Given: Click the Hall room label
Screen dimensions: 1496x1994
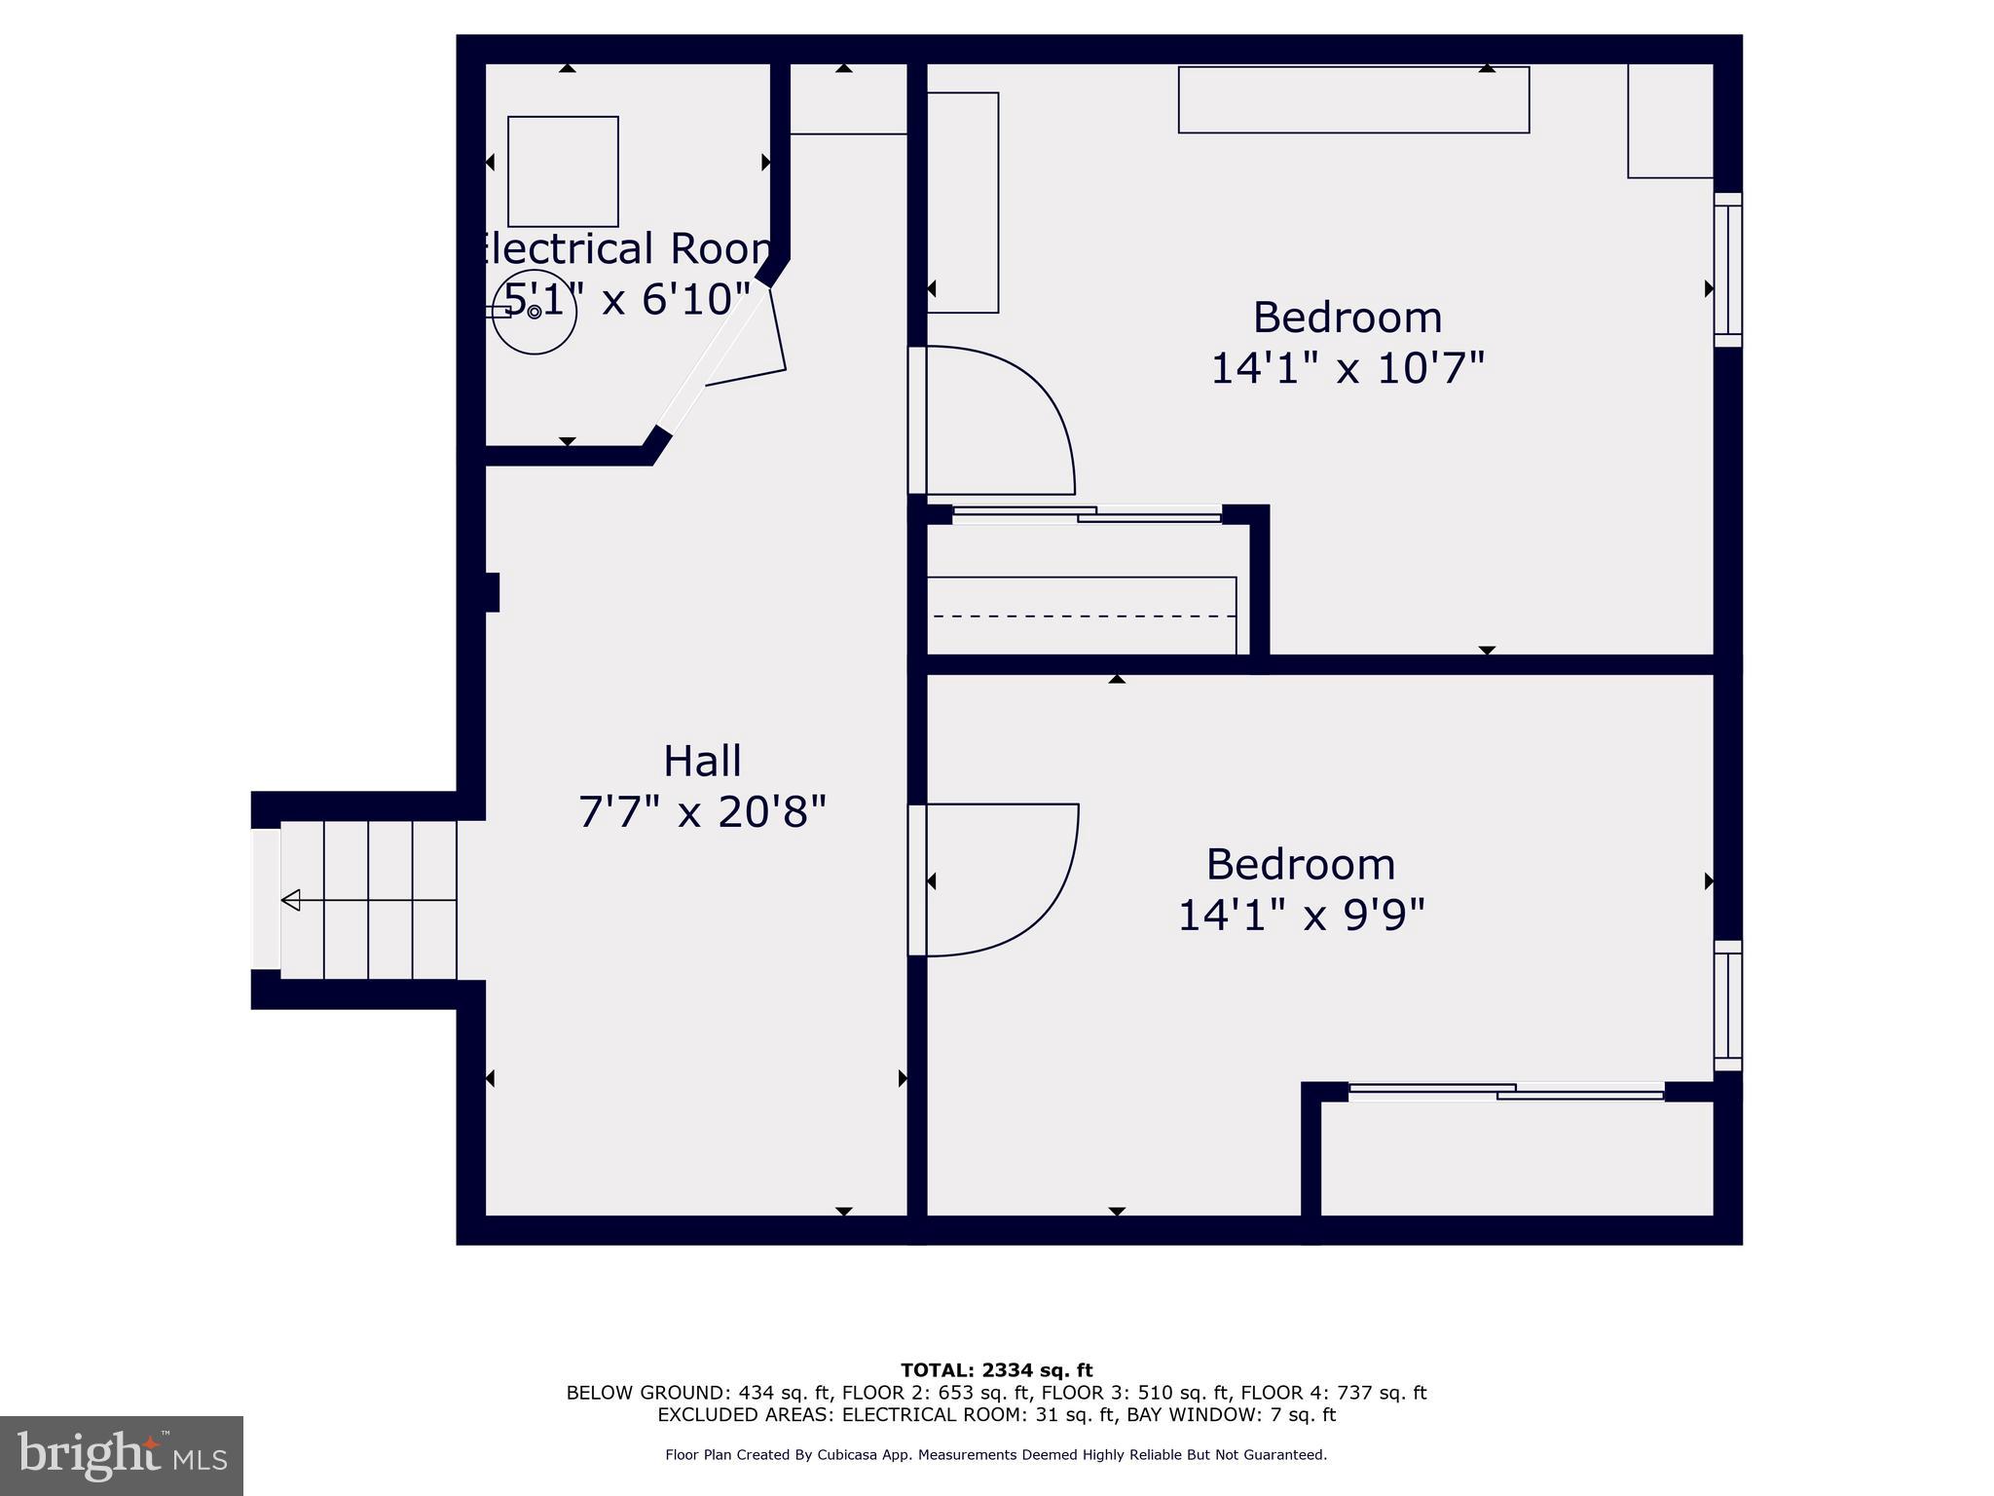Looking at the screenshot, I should click(x=702, y=761).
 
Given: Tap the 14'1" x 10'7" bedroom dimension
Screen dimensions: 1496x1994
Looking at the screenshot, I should click(x=1348, y=369).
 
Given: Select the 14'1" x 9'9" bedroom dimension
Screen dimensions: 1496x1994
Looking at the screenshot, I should click(x=1301, y=916).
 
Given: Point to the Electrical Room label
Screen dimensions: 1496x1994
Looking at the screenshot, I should click(x=623, y=249).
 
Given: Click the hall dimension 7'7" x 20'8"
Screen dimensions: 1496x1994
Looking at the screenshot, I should click(x=702, y=811).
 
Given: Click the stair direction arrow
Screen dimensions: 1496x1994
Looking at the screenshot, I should click(x=290, y=900).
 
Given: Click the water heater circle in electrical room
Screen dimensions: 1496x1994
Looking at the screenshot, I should click(x=535, y=312).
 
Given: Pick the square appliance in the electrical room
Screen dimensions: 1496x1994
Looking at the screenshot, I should click(x=563, y=171).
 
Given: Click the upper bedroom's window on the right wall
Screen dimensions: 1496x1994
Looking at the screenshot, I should click(x=1727, y=269).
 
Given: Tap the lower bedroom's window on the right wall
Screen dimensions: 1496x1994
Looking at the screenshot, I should click(x=1727, y=1005).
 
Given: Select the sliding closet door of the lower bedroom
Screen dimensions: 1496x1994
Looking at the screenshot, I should click(x=1506, y=1092).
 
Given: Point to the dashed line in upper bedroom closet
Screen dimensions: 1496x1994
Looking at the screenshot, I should click(x=1081, y=616).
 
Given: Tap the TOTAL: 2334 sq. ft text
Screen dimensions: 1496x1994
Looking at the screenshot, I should click(x=996, y=1371).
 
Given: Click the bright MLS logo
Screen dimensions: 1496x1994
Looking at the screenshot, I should click(x=122, y=1455).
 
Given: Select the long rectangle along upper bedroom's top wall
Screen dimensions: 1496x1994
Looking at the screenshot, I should click(x=1353, y=99).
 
